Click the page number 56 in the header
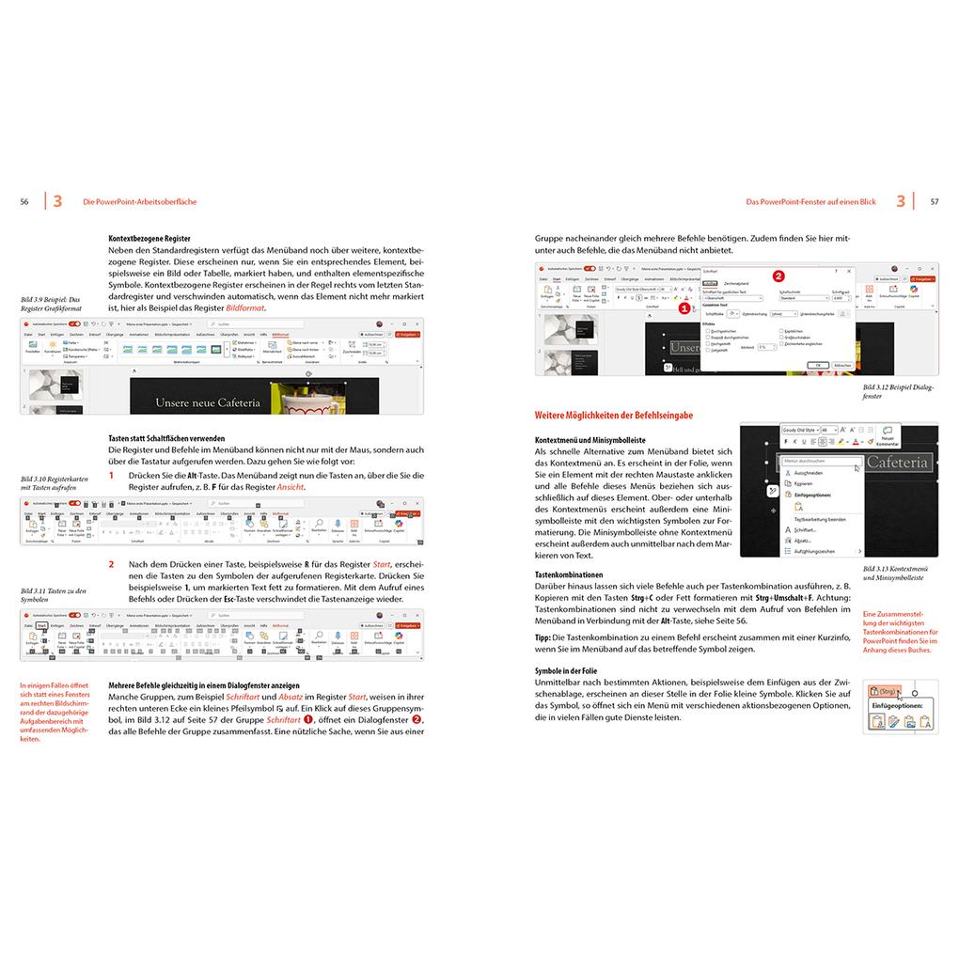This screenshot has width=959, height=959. pos(24,201)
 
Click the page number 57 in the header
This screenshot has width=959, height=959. pos(934,201)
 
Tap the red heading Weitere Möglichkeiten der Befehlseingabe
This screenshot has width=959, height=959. pos(614,415)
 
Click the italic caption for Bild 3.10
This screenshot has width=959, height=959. pos(54,483)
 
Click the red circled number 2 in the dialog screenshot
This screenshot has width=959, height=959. pos(778,276)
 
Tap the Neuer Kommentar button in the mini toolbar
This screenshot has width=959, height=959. pos(887,435)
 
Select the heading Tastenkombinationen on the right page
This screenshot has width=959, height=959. pos(569,574)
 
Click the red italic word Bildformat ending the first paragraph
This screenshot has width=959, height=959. pos(245,308)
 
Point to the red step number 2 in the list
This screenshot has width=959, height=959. pos(111,564)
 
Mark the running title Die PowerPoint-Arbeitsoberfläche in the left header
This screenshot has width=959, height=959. pos(140,201)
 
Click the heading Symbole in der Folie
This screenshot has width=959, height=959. pos(573,670)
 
